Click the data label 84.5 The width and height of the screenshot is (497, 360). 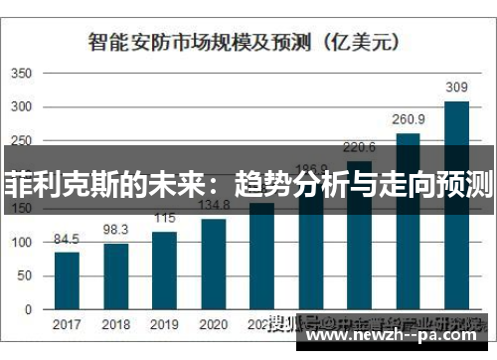point(68,239)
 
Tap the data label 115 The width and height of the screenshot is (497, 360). point(165,218)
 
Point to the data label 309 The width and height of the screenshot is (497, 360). point(456,88)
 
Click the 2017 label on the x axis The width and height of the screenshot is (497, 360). point(68,325)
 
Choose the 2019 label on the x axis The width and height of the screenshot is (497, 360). point(165,325)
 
